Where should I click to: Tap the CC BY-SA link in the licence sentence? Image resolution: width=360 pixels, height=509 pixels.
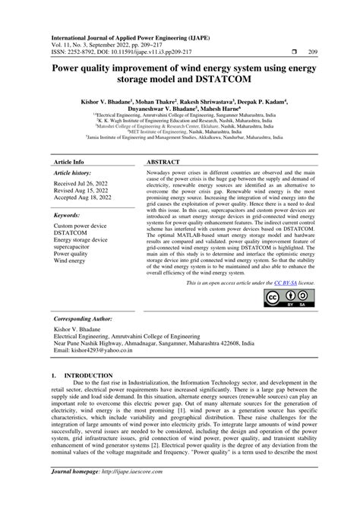click(281, 283)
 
